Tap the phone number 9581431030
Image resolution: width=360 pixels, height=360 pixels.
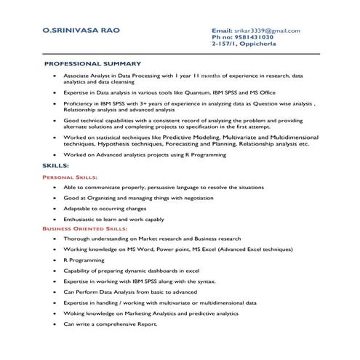tap(250, 38)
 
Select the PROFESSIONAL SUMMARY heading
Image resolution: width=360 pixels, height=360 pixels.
tap(92, 64)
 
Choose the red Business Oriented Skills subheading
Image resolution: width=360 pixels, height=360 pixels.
tap(85, 228)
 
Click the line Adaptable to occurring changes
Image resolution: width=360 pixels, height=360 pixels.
tap(105, 208)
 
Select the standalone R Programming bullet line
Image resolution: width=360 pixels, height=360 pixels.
tap(84, 260)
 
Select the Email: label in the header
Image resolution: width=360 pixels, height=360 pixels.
tap(221, 31)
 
